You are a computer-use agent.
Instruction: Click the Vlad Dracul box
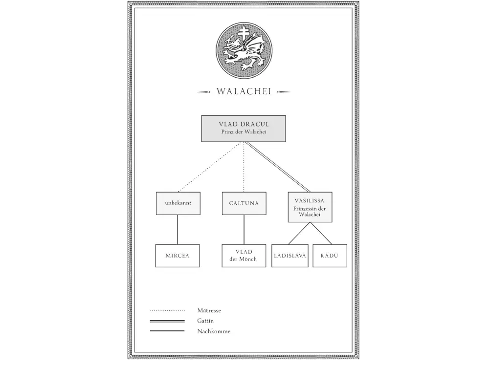[x=243, y=129]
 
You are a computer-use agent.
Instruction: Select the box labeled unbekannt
[x=178, y=203]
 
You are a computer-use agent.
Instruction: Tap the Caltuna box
[x=244, y=203]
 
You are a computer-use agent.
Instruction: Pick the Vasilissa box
[x=310, y=207]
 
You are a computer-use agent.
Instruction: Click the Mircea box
[x=178, y=256]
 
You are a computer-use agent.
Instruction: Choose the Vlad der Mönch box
[x=244, y=256]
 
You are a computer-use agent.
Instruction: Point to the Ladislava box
[x=289, y=256]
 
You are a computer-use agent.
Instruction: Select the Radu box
[x=330, y=256]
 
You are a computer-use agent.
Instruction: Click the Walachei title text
[x=244, y=91]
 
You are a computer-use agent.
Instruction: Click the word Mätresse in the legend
[x=209, y=310]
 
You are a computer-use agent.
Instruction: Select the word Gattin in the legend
[x=205, y=321]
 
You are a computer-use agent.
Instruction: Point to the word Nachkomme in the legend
[x=214, y=331]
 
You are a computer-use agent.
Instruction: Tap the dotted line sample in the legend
[x=167, y=310]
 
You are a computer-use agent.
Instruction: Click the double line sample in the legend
[x=167, y=321]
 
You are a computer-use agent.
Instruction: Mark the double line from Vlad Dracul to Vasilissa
[x=278, y=167]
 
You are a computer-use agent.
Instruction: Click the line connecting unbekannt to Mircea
[x=178, y=230]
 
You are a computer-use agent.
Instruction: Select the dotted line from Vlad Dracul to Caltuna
[x=244, y=167]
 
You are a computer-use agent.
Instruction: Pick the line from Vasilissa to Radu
[x=321, y=233]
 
